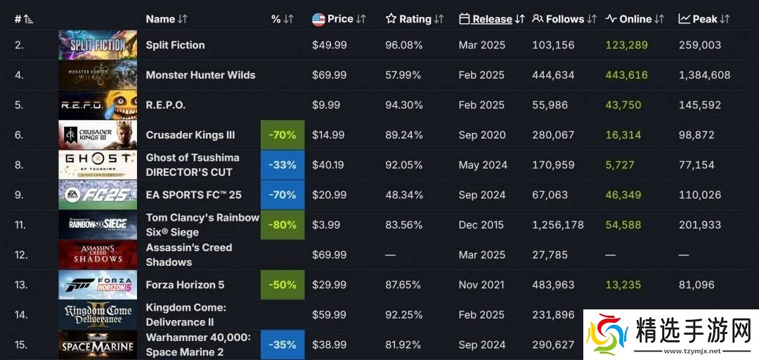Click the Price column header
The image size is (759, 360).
click(x=340, y=19)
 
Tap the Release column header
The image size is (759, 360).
click(x=492, y=19)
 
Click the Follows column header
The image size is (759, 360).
click(x=564, y=19)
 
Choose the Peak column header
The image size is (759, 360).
click(x=704, y=19)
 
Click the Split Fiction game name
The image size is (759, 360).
click(x=175, y=45)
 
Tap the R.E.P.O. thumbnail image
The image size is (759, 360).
click(x=98, y=105)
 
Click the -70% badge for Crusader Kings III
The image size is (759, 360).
click(x=283, y=135)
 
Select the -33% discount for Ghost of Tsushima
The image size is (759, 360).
click(x=283, y=165)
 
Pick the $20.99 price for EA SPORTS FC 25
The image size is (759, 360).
click(x=329, y=195)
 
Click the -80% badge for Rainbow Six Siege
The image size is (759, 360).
click(x=283, y=225)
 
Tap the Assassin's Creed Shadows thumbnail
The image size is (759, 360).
click(x=98, y=255)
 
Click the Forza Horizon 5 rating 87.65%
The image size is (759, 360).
click(x=403, y=285)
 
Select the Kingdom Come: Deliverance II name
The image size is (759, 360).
click(x=186, y=314)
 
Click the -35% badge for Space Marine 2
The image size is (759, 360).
click(x=283, y=345)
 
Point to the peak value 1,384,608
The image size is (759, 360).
click(x=705, y=75)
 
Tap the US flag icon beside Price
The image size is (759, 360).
click(x=318, y=19)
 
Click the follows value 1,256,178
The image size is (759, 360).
click(x=558, y=225)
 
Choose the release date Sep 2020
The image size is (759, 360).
click(x=481, y=135)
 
